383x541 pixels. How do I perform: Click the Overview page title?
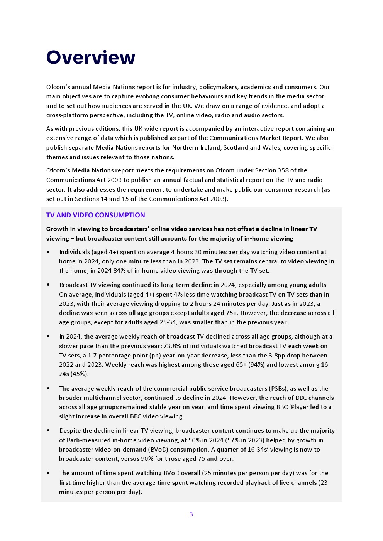[x=91, y=57]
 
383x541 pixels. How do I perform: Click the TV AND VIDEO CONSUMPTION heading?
[x=95, y=215]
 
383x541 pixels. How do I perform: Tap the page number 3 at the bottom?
[x=191, y=514]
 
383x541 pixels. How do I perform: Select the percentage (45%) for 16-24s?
[x=80, y=374]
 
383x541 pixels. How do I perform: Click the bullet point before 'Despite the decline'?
[x=48, y=431]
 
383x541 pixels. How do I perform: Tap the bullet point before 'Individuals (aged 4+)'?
[x=48, y=252]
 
